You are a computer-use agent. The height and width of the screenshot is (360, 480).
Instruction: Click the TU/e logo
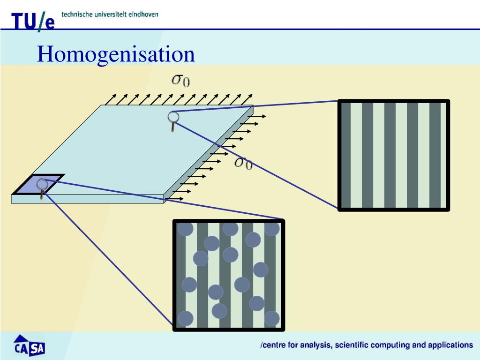(x=33, y=21)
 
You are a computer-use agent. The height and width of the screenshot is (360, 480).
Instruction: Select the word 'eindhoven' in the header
(x=143, y=14)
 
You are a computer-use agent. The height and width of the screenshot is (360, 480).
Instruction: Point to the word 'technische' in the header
(x=77, y=14)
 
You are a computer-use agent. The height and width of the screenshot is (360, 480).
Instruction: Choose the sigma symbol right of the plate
(x=243, y=163)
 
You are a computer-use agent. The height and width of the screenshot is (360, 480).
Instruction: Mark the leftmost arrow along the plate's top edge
(x=111, y=99)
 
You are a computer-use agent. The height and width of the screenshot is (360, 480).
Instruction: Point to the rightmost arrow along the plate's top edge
(x=247, y=99)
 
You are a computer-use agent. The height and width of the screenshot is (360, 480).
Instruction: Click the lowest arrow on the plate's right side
(x=175, y=199)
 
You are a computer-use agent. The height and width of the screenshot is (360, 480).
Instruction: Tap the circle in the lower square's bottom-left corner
(x=185, y=318)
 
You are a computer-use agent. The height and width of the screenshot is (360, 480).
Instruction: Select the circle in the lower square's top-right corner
(x=272, y=229)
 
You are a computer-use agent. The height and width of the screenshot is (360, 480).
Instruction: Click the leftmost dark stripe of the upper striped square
(x=346, y=155)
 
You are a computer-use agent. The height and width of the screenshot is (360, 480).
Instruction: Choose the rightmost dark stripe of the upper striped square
(x=435, y=155)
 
